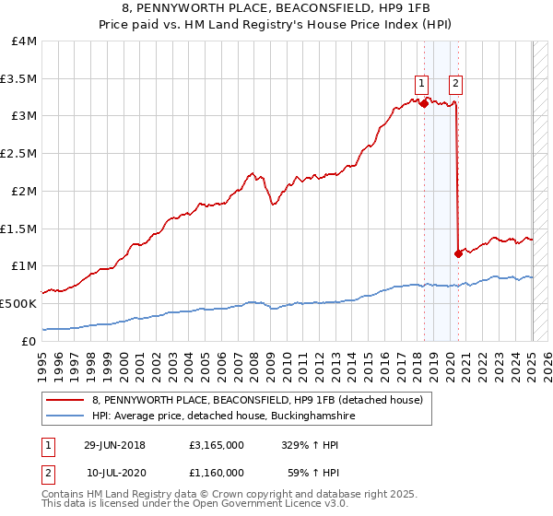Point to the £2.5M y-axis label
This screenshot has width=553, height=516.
19,153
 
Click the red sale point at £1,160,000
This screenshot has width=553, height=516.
458,253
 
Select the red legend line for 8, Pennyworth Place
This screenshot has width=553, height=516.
66,400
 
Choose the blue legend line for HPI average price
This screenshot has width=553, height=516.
66,416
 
